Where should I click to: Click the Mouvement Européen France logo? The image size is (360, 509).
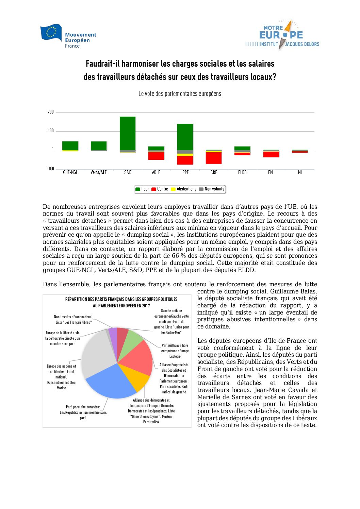point(68,36)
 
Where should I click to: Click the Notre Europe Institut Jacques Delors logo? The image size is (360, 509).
point(282,35)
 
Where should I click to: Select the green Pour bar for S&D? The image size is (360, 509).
point(128,133)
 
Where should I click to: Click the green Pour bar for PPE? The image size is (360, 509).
point(185,137)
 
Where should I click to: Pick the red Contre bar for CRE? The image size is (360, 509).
point(214,158)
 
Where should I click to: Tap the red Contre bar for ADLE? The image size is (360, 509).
point(156,156)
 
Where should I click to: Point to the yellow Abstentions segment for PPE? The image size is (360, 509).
point(185,155)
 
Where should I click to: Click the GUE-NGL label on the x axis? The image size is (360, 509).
point(70,172)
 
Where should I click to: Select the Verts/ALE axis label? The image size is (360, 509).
point(99,172)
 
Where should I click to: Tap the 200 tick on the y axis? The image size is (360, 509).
point(51,112)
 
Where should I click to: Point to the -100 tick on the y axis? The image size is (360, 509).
point(50,169)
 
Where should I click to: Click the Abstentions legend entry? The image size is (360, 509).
point(184,189)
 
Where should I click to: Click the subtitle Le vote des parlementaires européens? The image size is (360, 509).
point(180,94)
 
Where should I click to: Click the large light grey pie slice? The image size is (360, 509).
point(97,352)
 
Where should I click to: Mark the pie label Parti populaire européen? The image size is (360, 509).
point(83,407)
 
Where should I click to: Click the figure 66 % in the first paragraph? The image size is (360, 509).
point(176,256)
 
